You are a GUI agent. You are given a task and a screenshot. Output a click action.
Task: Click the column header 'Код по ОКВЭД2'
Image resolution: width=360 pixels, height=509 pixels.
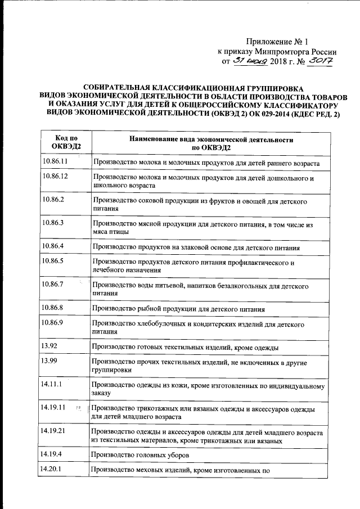pos(66,142)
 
